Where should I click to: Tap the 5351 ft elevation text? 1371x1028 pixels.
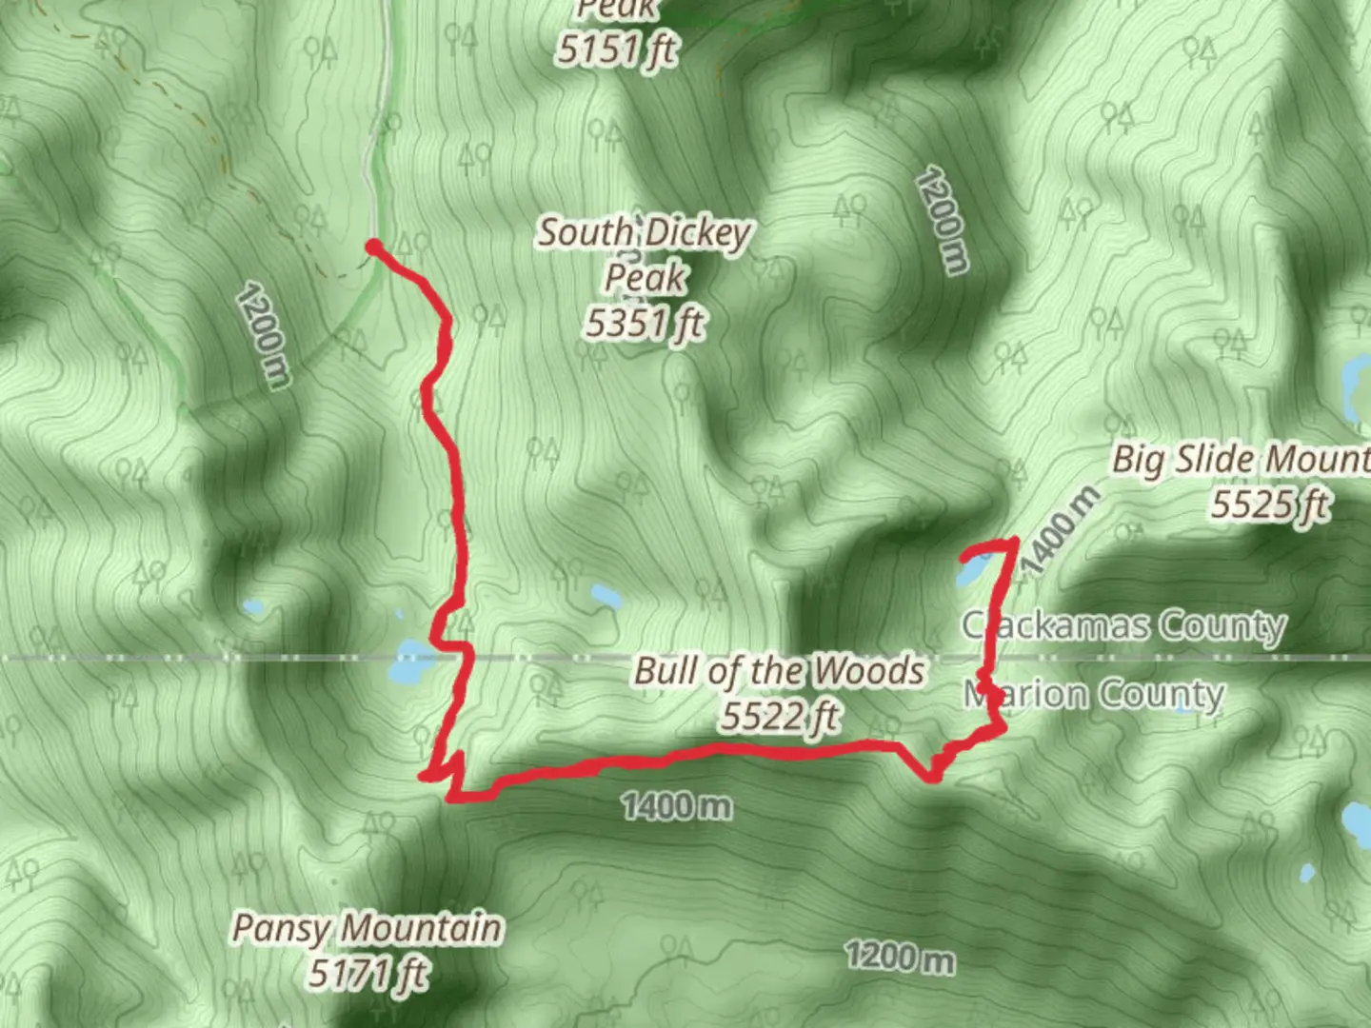(645, 325)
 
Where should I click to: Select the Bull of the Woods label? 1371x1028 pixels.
(779, 671)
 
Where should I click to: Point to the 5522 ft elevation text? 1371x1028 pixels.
(779, 717)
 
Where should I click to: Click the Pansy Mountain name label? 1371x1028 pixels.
(368, 928)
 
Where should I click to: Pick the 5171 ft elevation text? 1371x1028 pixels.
(368, 974)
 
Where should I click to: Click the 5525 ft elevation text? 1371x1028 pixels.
(1269, 504)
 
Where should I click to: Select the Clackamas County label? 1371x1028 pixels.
(1124, 625)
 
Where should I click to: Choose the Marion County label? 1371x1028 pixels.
(1094, 694)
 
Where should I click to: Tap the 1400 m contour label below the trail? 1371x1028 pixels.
(677, 806)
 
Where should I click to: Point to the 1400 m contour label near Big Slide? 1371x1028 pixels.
(1061, 529)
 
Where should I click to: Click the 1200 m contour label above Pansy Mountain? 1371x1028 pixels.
(262, 334)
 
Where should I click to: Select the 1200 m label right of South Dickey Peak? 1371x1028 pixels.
(943, 220)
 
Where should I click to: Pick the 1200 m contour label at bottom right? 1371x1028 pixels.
(900, 957)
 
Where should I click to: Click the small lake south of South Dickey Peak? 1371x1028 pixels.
(606, 598)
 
